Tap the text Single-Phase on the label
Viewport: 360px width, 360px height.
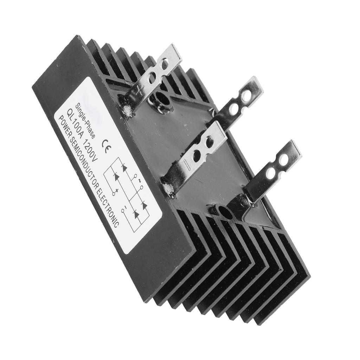86,120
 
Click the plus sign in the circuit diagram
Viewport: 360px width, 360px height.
117,190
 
